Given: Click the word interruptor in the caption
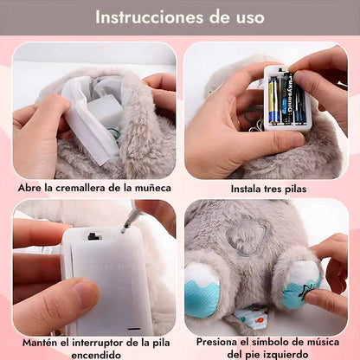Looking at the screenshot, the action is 99,343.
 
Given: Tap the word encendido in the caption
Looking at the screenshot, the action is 95,355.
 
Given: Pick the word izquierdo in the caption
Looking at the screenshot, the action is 287,354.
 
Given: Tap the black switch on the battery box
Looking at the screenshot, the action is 93,237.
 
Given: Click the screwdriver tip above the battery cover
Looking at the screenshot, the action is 124,229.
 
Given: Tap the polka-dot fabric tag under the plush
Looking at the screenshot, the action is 250,315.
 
